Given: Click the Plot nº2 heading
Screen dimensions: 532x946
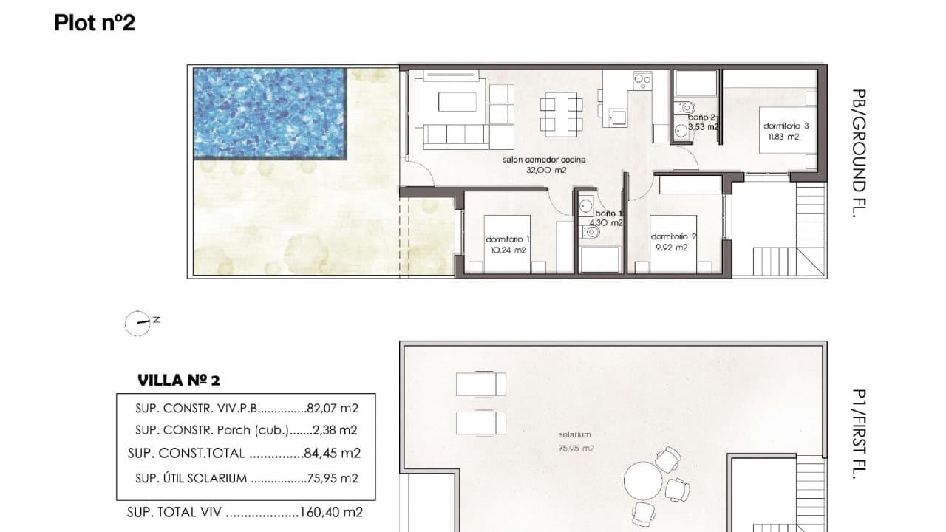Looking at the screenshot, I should (x=95, y=23).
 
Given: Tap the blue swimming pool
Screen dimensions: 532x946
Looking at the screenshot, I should (x=270, y=113).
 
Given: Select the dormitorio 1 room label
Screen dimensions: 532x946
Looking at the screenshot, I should (x=508, y=239).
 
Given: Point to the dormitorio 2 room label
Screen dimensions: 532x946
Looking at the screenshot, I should (x=673, y=236).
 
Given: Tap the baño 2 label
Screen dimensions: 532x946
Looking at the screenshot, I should (x=701, y=117).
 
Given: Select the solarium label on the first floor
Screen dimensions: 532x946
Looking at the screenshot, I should (x=575, y=435).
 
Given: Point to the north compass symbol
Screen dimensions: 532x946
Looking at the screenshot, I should (x=138, y=323).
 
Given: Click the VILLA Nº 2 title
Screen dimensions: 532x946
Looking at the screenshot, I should (x=179, y=381).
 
